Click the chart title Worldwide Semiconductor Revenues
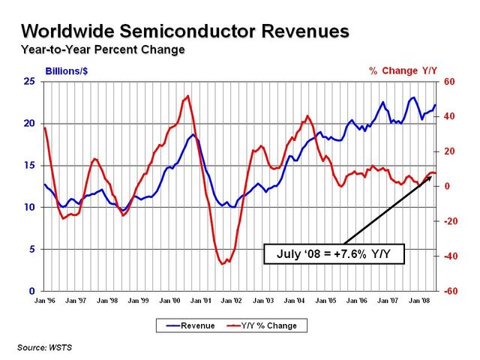[184, 31]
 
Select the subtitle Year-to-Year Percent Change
[103, 50]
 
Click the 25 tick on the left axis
[29, 81]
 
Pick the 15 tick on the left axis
[29, 165]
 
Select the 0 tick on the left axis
[32, 291]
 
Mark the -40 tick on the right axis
[450, 256]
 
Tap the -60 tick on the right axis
[450, 291]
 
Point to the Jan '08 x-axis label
[418, 301]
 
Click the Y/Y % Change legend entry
[262, 325]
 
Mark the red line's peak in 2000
[187, 95]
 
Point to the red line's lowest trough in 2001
[223, 264]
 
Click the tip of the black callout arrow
[431, 177]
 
